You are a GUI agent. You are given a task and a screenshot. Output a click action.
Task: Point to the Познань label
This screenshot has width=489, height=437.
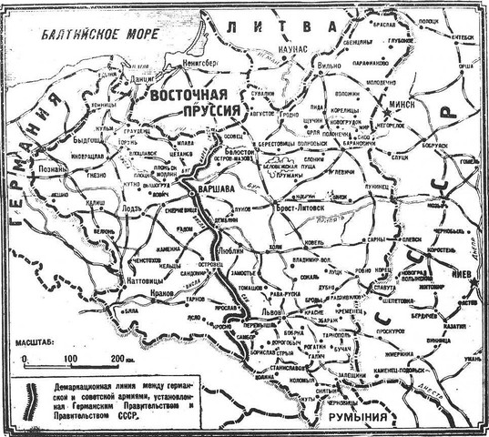click(50, 169)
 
